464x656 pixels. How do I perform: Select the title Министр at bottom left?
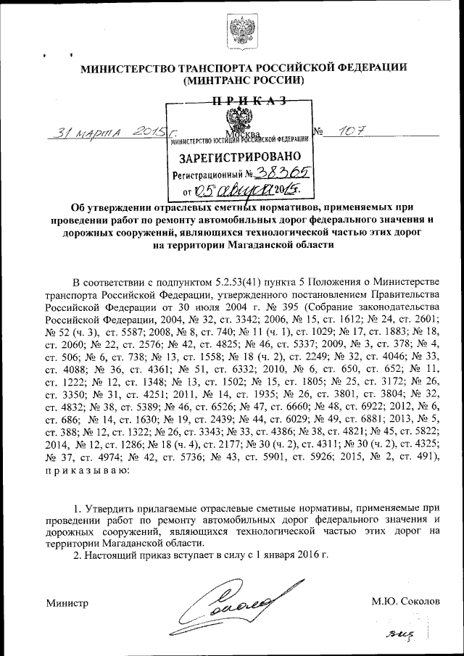coord(67,602)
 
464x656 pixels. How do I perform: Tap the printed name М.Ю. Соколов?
coord(405,602)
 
